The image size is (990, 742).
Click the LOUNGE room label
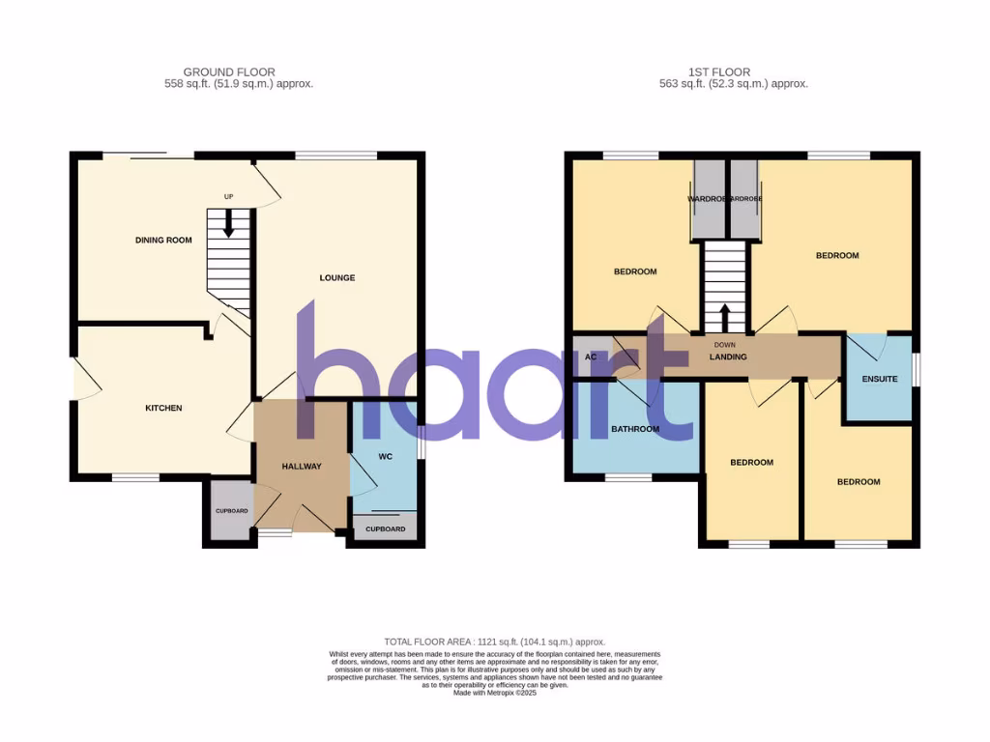tap(337, 278)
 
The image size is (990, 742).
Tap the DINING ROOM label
tap(163, 241)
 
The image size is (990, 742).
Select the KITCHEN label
tap(163, 409)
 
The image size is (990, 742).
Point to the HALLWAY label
tap(302, 467)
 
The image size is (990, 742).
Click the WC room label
tap(384, 456)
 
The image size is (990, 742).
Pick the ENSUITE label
tap(880, 380)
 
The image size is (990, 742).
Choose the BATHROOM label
tap(635, 429)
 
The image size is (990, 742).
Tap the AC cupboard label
tap(590, 357)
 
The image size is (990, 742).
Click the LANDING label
tap(728, 357)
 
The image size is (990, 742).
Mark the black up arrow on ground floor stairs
tap(229, 224)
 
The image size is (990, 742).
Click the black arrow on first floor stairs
tap(725, 316)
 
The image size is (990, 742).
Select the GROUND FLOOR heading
tap(229, 72)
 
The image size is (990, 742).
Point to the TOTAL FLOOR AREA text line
tap(494, 642)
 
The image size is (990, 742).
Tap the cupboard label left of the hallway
tap(231, 511)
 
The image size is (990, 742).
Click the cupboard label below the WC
tap(386, 529)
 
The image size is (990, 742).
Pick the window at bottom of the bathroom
tap(628, 476)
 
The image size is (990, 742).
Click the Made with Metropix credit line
tap(494, 693)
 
